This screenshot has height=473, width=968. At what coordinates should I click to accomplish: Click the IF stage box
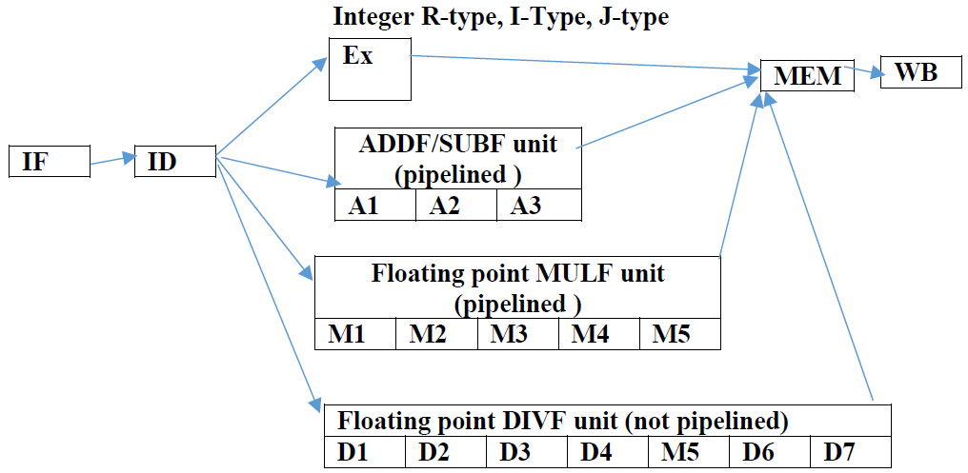click(49, 162)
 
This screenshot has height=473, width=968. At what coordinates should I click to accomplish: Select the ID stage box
click(176, 162)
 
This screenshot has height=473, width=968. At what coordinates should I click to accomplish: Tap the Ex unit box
click(369, 69)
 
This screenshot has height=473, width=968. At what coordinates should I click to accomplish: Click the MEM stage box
click(807, 76)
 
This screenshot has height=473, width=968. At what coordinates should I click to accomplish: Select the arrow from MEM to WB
click(868, 74)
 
